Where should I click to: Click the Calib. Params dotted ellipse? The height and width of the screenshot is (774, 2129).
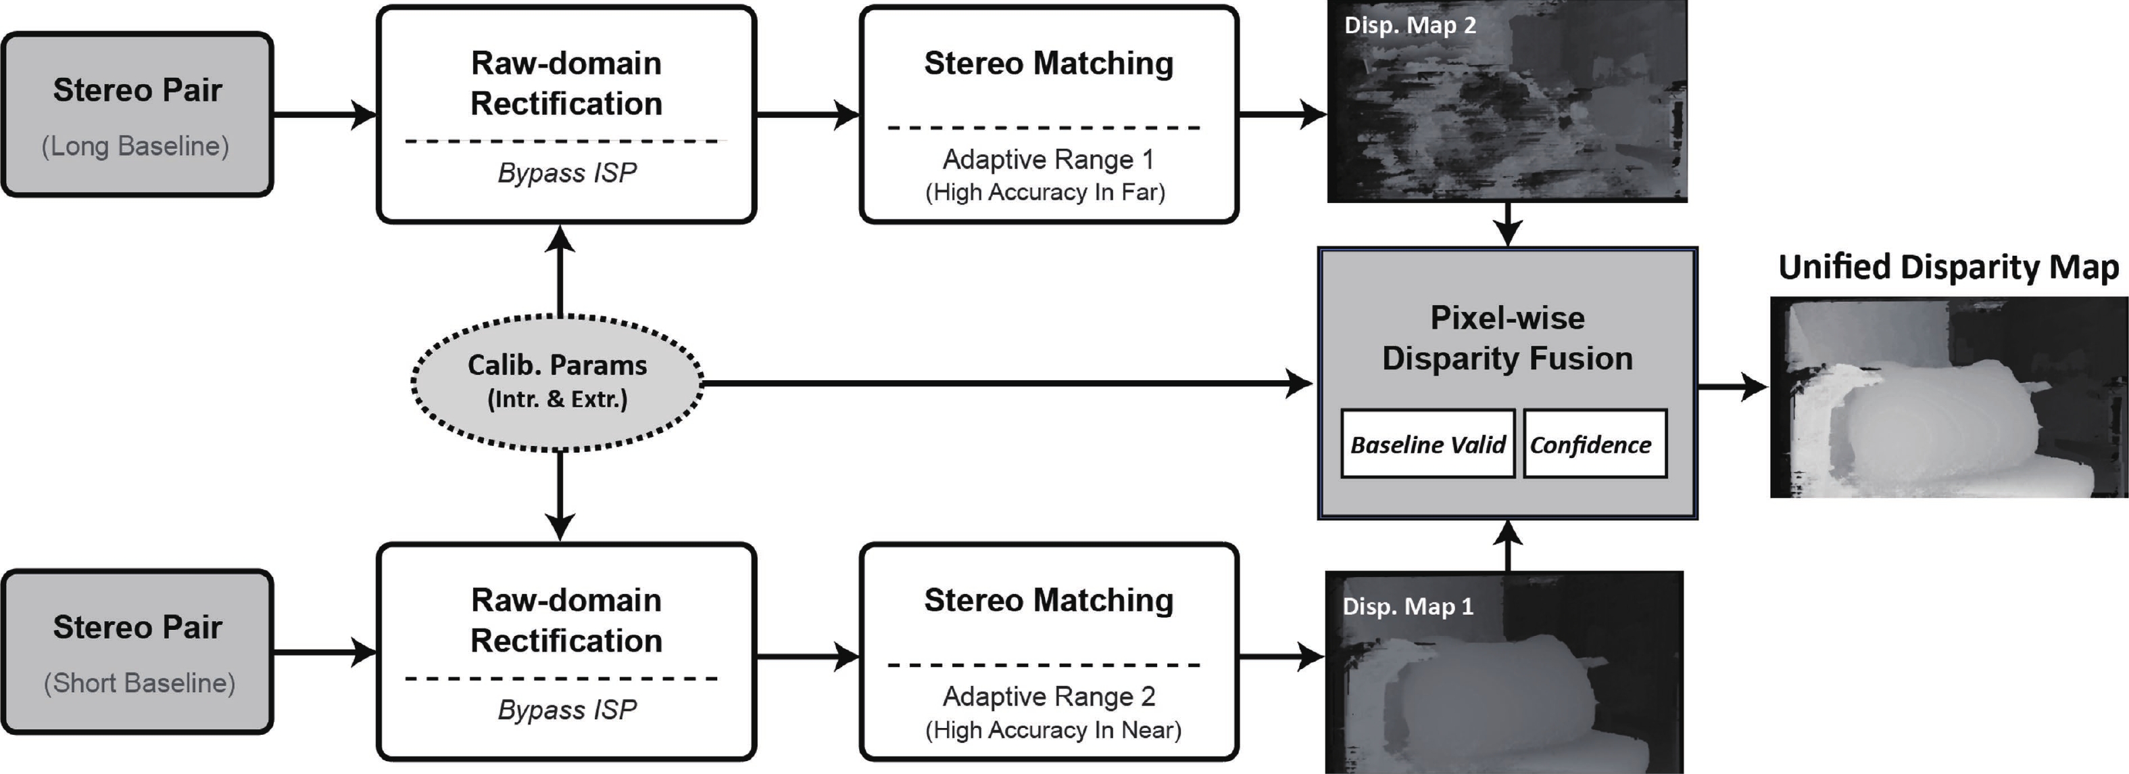[557, 383]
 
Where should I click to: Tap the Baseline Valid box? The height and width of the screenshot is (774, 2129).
[1427, 444]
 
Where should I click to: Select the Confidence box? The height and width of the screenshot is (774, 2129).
[1594, 444]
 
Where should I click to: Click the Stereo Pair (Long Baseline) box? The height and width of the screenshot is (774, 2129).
[137, 115]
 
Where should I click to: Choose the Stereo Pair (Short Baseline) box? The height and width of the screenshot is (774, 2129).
[137, 652]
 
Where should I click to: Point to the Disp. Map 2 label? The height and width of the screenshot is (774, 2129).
[1410, 25]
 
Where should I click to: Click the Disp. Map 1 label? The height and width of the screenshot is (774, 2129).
[1407, 606]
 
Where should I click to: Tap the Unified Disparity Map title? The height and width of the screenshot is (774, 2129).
[1948, 267]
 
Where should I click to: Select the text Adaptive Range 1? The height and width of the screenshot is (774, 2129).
[1048, 159]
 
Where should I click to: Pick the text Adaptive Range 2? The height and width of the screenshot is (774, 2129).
[1048, 696]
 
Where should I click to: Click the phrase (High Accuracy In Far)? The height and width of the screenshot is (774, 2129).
[1045, 192]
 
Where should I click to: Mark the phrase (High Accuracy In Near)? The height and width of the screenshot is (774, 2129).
[1053, 729]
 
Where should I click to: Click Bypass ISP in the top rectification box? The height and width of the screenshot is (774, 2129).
[567, 173]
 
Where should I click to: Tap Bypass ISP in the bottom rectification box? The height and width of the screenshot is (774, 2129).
[567, 710]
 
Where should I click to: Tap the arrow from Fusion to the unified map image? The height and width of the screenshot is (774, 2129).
[1732, 386]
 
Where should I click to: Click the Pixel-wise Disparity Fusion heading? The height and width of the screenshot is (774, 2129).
[1507, 338]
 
